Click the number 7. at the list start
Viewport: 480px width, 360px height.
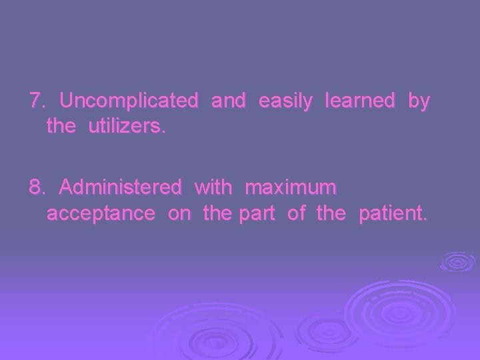tap(37, 101)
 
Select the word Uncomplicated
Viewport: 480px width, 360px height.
tap(129, 101)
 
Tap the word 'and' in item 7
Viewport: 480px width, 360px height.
tap(228, 101)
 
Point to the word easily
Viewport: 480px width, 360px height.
tap(285, 102)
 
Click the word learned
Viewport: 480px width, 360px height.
tap(359, 101)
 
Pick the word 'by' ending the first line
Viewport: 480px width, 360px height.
tap(419, 102)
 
